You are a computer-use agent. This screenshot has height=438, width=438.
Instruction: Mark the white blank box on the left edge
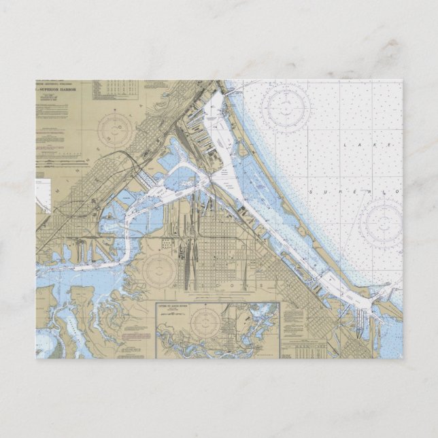(43, 193)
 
